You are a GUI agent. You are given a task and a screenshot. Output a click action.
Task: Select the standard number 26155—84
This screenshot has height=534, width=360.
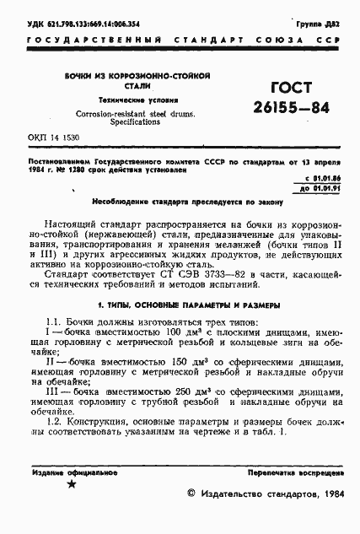287,109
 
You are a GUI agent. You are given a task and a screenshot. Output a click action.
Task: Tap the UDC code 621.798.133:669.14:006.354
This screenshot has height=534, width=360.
76,25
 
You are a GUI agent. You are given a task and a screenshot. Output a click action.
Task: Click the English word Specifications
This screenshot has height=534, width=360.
137,121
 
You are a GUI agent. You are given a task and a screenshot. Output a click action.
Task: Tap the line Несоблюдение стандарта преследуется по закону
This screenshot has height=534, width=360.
181,203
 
